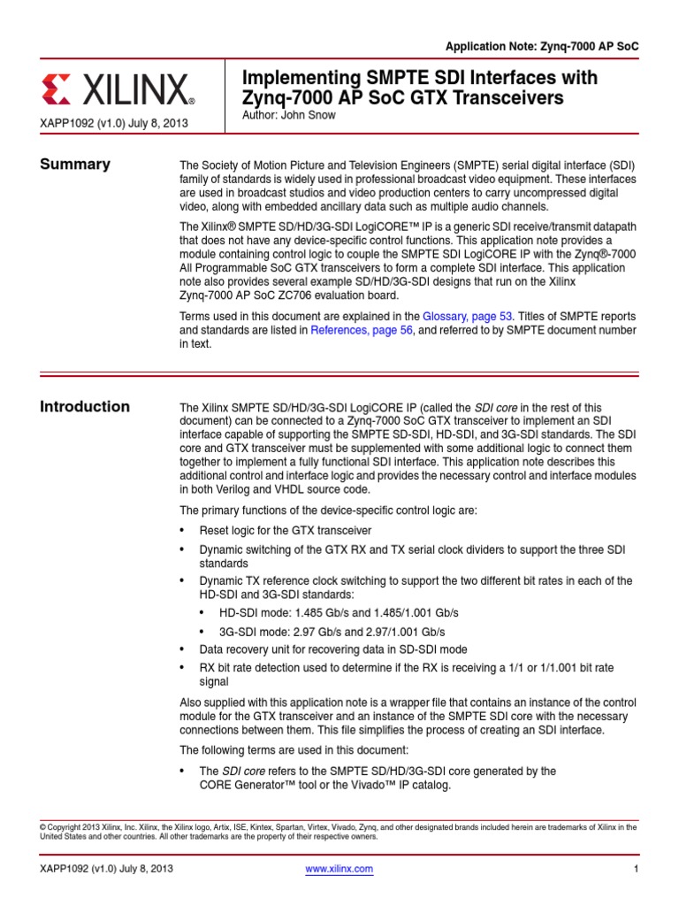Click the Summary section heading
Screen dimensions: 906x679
pyautogui.click(x=75, y=164)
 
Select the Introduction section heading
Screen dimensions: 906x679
pyautogui.click(x=85, y=407)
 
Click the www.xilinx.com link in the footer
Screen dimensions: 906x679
pyautogui.click(x=339, y=870)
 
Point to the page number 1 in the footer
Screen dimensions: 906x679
pyautogui.click(x=636, y=870)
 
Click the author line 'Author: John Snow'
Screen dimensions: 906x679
pyautogui.click(x=288, y=116)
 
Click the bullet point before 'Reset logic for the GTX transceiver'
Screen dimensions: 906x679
pyautogui.click(x=183, y=531)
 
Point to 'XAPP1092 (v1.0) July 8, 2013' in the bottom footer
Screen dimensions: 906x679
pyautogui.click(x=106, y=870)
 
